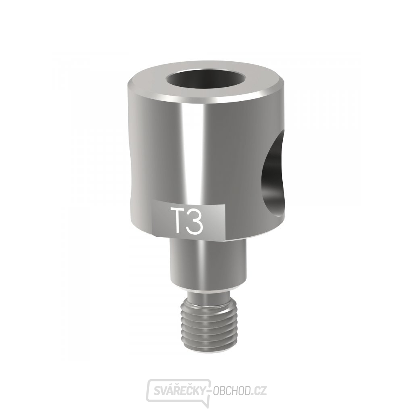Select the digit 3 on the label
point(195,221)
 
